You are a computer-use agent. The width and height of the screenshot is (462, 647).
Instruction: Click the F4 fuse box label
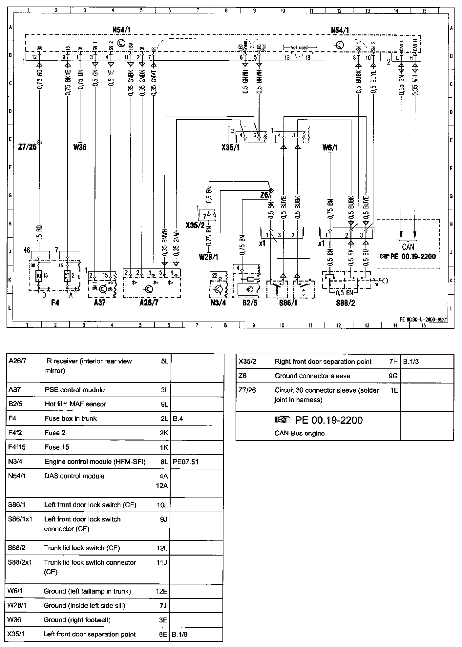[55, 303]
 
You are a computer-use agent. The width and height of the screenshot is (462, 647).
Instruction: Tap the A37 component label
[99, 303]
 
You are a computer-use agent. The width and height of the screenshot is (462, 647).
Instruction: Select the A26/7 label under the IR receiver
[149, 303]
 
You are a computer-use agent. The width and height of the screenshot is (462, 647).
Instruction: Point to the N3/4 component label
[218, 303]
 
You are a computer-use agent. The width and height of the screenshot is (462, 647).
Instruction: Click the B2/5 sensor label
[250, 303]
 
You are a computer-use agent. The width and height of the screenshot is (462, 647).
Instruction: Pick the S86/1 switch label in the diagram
[288, 303]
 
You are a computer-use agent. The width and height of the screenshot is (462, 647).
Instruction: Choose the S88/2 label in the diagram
[346, 303]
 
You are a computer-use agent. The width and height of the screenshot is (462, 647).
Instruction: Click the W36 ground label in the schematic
[80, 147]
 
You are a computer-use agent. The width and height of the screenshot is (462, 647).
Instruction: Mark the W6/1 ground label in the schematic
[330, 148]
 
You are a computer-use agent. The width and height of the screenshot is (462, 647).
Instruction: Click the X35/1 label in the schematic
[230, 148]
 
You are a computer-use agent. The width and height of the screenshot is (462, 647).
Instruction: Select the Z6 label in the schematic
[264, 195]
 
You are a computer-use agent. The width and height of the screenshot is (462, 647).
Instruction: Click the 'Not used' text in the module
[299, 48]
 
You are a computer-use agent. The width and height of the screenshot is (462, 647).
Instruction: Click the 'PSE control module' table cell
[74, 390]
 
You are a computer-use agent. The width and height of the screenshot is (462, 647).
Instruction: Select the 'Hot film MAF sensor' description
[75, 404]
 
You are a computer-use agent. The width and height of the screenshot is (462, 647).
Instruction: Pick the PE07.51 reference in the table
[185, 462]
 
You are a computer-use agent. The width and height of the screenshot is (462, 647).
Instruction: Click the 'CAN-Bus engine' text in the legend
[299, 433]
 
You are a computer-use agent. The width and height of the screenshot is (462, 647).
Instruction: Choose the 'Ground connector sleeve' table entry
[312, 376]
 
